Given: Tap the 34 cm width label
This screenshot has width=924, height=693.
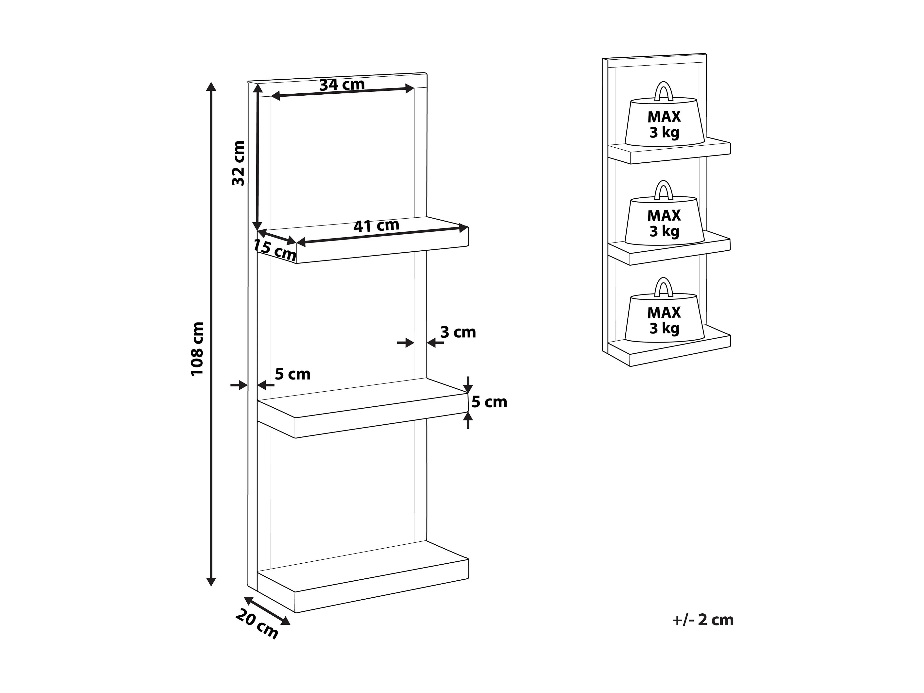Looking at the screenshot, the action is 342,85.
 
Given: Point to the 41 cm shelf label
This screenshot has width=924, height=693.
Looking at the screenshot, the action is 376,225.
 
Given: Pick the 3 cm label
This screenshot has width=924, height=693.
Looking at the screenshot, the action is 458,332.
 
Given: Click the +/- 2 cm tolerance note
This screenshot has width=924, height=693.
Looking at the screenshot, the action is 702,620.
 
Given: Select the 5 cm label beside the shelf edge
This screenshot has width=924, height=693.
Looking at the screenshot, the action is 489,402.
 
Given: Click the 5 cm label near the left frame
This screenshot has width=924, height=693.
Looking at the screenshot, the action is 293,374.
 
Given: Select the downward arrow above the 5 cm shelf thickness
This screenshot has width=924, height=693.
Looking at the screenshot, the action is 468,384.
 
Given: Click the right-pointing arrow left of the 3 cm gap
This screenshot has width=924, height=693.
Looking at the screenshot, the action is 405,343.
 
